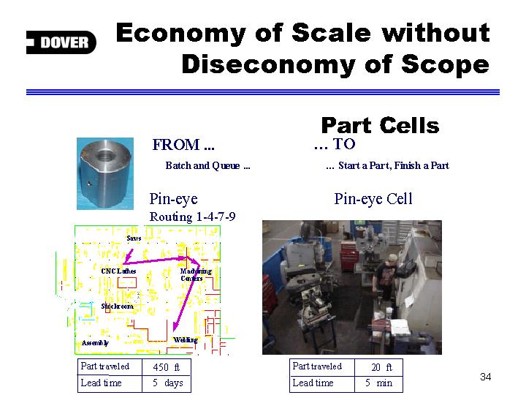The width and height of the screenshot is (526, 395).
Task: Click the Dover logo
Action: coord(61,42)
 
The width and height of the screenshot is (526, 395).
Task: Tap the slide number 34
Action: coord(485,377)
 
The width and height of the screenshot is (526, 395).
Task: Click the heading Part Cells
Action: coord(380,126)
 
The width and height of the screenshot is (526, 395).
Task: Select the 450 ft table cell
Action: coord(167,367)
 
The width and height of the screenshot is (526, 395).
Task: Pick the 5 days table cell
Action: coord(167,383)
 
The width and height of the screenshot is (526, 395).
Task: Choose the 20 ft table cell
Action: coord(378,367)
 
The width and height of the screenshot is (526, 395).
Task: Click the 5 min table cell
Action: coord(378,383)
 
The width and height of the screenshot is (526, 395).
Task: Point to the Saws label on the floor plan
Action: coord(134,238)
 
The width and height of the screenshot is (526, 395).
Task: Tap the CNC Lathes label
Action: coord(118,271)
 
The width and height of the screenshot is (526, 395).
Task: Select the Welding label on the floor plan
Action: coord(186,340)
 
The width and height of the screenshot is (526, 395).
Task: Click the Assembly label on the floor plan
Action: coord(95,343)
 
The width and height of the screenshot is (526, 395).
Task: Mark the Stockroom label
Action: coord(117,306)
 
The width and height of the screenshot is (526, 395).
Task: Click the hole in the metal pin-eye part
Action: coord(106,156)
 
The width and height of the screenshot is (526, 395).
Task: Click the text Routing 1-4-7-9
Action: coord(192,217)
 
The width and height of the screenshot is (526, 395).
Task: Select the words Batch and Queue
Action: coord(202,165)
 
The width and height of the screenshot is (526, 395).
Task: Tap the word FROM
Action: coord(176,145)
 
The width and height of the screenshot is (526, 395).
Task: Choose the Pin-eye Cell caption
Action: coord(373,199)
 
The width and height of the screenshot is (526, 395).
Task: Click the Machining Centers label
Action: coord(196,274)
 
